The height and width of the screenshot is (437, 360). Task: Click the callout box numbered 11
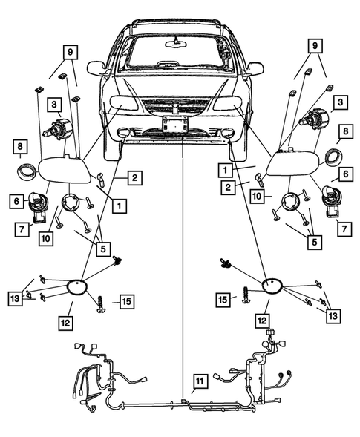[x=198, y=382]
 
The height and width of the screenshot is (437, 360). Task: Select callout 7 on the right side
[x=344, y=228]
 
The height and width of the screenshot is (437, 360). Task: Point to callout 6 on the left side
[x=15, y=200]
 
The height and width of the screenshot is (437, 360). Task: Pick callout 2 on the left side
[x=134, y=178]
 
